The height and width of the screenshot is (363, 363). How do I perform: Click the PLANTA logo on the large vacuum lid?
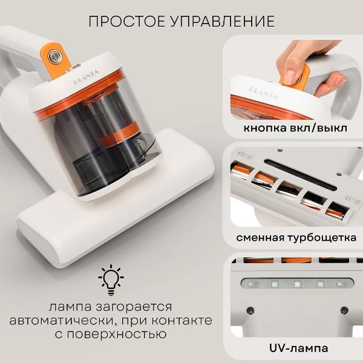[86, 79]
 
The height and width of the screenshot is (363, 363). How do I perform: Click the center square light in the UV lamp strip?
[297, 283]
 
